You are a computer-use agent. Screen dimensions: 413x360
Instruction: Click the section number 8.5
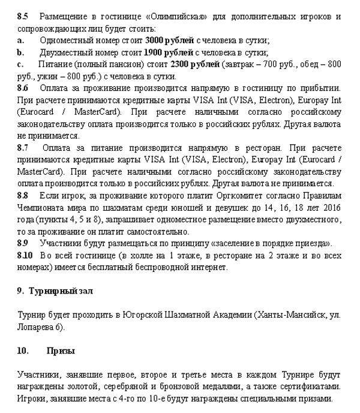click(23, 16)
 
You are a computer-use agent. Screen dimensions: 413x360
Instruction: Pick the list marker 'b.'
click(21, 52)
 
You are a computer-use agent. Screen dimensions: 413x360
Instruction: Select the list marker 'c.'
click(20, 64)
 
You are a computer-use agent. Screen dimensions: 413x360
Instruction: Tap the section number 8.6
click(23, 88)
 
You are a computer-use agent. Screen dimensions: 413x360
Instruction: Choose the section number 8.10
click(25, 256)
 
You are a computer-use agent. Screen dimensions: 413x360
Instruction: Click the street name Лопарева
click(37, 327)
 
